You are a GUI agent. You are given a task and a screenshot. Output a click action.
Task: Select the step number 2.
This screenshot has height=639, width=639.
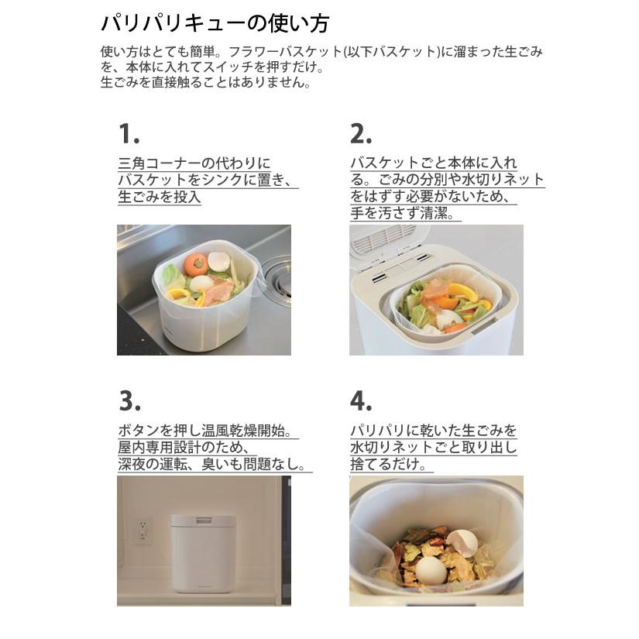point(360,134)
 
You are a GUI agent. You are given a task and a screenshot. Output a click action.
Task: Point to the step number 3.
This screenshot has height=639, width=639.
point(129,400)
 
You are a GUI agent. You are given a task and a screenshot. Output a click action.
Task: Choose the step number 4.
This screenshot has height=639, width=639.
point(361,400)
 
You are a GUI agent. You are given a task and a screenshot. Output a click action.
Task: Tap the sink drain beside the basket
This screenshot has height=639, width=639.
point(277,273)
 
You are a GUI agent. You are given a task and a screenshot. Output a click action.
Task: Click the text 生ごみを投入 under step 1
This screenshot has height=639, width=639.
point(159,198)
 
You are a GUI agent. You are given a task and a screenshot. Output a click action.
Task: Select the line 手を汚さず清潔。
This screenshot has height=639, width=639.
point(404,214)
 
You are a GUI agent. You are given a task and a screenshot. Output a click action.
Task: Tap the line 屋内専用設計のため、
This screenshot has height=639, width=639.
point(184,448)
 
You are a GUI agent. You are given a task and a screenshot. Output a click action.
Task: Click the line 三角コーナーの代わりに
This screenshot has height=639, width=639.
point(194,163)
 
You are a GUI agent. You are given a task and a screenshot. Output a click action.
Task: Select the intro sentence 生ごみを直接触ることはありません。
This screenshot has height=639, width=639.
point(206,83)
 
